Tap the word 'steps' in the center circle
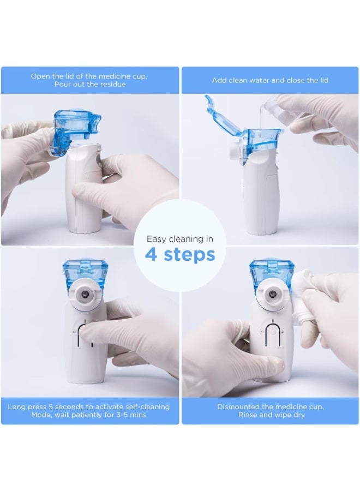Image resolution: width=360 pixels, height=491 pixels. [x=190, y=255]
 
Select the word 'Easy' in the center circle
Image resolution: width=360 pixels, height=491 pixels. [x=157, y=239]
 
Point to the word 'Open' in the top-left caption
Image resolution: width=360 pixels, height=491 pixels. [x=39, y=77]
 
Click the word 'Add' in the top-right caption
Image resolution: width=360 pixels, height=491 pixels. [x=219, y=81]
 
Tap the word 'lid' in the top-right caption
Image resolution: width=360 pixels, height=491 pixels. [x=324, y=81]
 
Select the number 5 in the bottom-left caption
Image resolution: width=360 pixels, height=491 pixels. [x=51, y=407]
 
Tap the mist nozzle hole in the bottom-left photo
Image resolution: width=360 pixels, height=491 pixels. [x=85, y=295]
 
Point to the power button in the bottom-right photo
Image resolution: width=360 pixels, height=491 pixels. [x=273, y=331]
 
